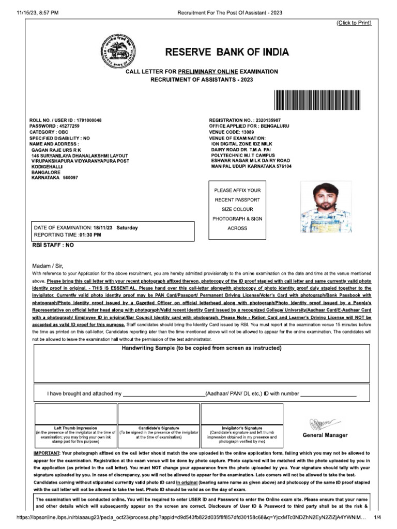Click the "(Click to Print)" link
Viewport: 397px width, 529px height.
[354, 23]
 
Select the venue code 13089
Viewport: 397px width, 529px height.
[249, 132]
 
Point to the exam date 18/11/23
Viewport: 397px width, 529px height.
[104, 228]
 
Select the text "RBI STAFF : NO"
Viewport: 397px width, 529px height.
[53, 246]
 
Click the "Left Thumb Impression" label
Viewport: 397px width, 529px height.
[75, 428]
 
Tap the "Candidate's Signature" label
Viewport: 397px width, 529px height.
[159, 428]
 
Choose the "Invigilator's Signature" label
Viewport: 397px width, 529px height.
[242, 428]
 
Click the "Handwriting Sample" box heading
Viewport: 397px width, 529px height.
[202, 348]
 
